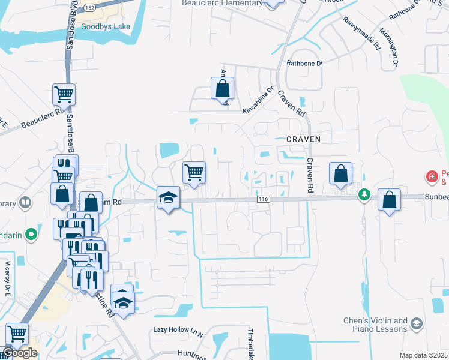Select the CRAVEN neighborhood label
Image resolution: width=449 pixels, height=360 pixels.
[304, 139]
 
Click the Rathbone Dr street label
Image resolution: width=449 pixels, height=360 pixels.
[304, 62]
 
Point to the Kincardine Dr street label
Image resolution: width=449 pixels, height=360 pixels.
[258, 103]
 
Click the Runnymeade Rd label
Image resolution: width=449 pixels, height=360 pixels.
[363, 32]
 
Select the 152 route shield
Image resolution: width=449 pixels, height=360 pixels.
[90, 7]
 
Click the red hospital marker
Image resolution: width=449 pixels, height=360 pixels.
[431, 176]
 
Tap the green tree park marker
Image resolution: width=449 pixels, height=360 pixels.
[364, 194]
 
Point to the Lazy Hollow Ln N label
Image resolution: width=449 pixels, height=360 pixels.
[178, 330]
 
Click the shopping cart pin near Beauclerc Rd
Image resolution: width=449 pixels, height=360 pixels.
[64, 94]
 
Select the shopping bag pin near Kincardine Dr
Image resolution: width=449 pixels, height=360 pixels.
[222, 88]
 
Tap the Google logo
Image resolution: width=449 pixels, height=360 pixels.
[20, 353]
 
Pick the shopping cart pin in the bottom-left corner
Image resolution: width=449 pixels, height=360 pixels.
[17, 334]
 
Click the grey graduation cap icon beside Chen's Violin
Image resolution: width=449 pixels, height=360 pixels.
[416, 325]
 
